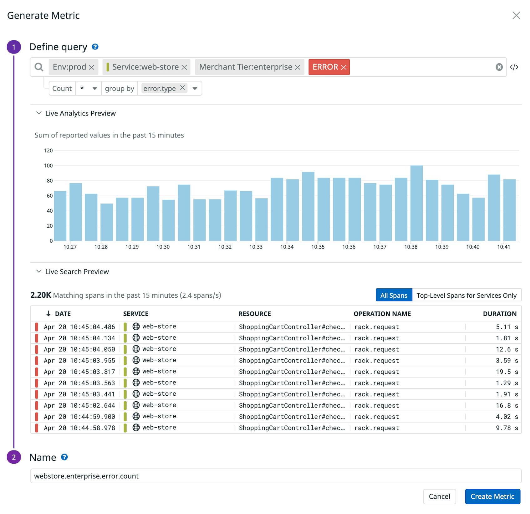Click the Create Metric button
point(492,496)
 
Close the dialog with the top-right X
point(516,15)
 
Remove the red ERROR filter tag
point(344,67)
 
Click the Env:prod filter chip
point(69,67)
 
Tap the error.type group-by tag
point(159,89)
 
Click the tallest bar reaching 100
point(416,203)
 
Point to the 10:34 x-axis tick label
point(287,247)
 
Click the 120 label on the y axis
point(48,151)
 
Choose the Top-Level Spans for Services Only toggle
point(466,296)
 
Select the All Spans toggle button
point(394,296)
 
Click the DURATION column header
point(499,314)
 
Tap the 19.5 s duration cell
point(507,372)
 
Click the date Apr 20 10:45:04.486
point(79,327)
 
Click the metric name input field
point(275,476)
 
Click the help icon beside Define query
point(95,47)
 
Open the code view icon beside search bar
point(514,67)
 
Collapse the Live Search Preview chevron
point(39,271)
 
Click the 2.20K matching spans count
point(41,295)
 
